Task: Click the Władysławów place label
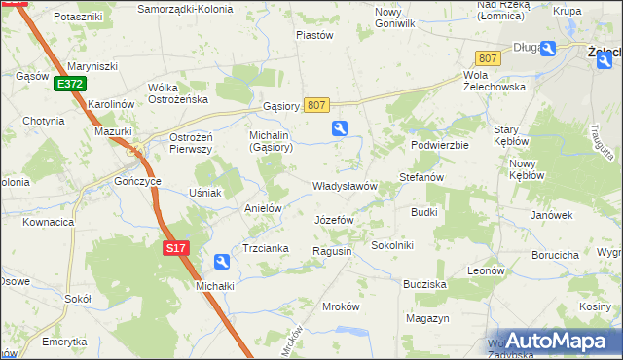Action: tap(344, 186)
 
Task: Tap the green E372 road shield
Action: tap(69, 85)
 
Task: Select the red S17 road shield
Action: tap(174, 249)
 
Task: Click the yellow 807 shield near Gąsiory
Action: tap(316, 104)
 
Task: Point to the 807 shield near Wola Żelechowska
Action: tap(488, 58)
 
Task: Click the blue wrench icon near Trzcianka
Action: tap(222, 261)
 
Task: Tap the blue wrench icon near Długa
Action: tap(548, 49)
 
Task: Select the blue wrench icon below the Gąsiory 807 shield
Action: tap(340, 127)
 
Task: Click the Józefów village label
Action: tap(334, 220)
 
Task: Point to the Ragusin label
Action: tap(331, 251)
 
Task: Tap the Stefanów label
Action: tap(421, 178)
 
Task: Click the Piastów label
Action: tap(314, 35)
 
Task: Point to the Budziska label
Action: tap(424, 284)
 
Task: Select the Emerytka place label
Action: tap(64, 342)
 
